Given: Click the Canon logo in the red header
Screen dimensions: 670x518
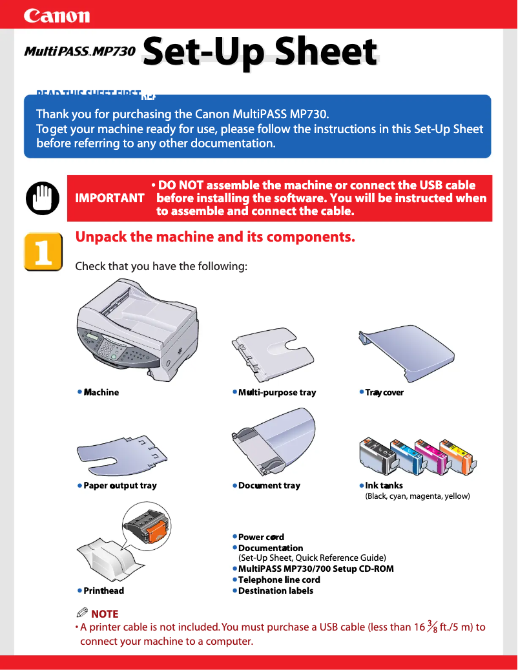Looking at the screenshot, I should [x=57, y=16].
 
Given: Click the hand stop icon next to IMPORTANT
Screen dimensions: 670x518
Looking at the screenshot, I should [x=42, y=197].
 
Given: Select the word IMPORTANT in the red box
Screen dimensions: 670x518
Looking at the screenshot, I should [x=110, y=198].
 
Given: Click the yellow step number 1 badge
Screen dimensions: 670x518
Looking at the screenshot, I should [x=43, y=252].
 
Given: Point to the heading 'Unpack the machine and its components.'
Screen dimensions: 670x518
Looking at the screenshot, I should [x=215, y=236].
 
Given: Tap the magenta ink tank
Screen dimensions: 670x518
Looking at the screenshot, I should [x=431, y=455].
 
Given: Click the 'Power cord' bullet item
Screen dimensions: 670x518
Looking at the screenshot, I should [x=261, y=537].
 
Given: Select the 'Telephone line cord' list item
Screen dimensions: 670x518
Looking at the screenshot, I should [x=279, y=580].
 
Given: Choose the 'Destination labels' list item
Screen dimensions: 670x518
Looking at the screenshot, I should [x=276, y=591].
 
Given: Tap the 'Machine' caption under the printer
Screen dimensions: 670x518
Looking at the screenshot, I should [x=101, y=392].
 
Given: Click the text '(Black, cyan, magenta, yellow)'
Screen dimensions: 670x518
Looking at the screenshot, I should [x=417, y=496].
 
